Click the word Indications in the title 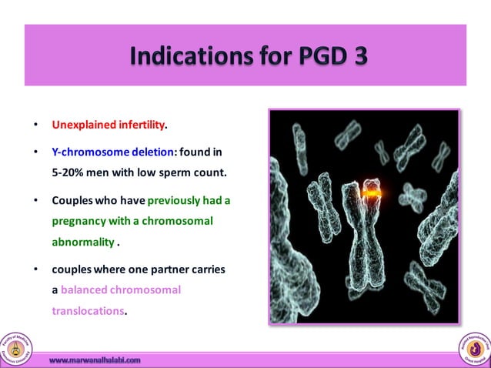point(174,56)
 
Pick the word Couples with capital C point(75,201)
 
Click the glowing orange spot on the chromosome point(372,195)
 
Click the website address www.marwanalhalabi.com point(95,360)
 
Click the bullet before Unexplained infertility point(34,125)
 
